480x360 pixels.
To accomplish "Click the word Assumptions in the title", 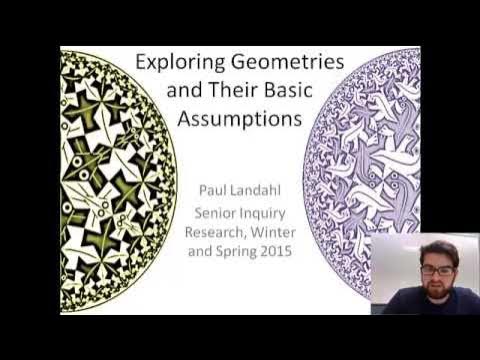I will tap(238, 120).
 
